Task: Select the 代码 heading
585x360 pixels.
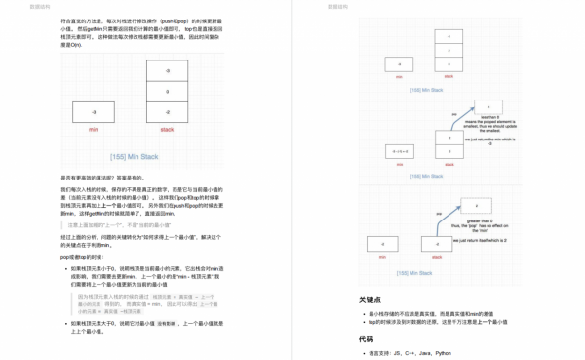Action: tap(366, 340)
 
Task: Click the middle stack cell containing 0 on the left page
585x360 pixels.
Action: tap(167, 92)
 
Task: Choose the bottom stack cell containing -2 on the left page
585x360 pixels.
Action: tap(167, 112)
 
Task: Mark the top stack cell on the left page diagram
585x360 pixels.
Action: tap(167, 71)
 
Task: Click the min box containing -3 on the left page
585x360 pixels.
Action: tap(93, 112)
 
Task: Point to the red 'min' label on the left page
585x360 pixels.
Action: tap(93, 129)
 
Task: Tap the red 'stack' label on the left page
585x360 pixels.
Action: tap(167, 129)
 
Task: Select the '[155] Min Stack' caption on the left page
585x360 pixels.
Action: tap(135, 156)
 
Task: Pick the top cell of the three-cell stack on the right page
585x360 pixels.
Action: tap(448, 36)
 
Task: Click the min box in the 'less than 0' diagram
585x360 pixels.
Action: tap(399, 151)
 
